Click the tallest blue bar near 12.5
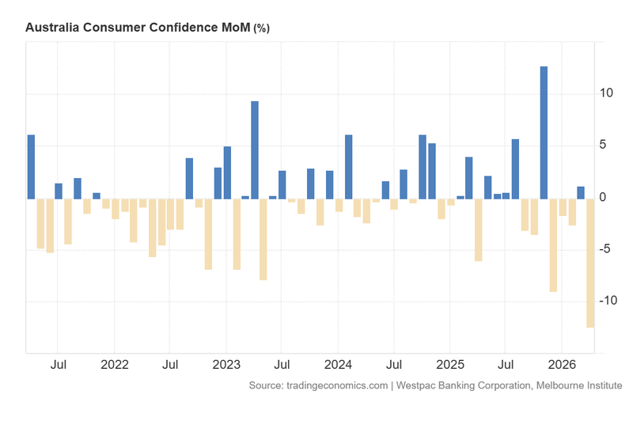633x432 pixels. click(x=544, y=132)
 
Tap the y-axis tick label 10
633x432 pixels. click(x=605, y=93)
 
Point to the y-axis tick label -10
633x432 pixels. click(x=602, y=301)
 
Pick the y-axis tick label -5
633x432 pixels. click(x=605, y=249)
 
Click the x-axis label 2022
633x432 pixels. click(x=115, y=366)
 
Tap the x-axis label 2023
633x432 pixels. click(x=226, y=366)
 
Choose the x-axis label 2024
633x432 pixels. click(x=338, y=366)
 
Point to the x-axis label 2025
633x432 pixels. click(x=449, y=366)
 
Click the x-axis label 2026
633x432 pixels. click(x=561, y=366)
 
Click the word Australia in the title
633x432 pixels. click(x=53, y=28)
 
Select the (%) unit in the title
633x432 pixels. click(x=261, y=28)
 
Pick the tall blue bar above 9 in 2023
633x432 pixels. click(x=255, y=150)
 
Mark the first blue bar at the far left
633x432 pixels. click(x=31, y=166)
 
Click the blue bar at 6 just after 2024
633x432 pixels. click(x=348, y=166)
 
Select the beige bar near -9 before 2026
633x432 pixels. click(x=553, y=244)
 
